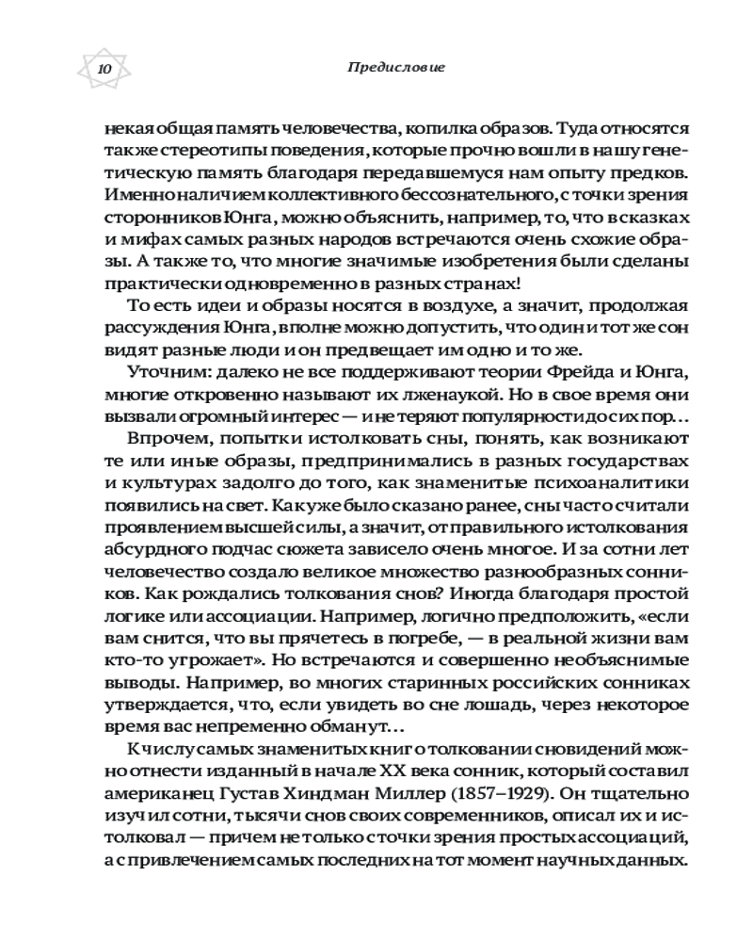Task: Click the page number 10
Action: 103,70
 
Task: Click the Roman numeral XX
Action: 378,783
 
